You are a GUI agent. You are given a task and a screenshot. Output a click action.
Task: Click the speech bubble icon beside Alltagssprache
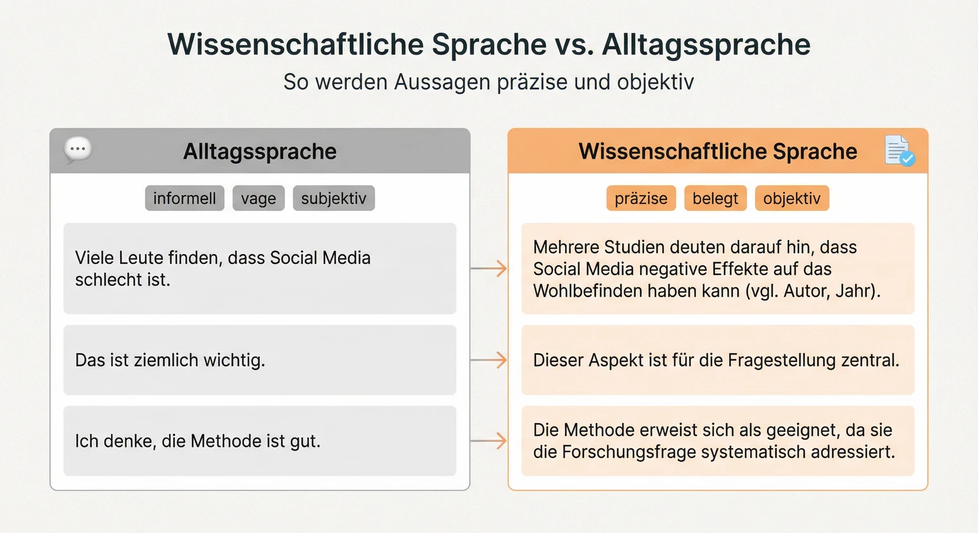(78, 149)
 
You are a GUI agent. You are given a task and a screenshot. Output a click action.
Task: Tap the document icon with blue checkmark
(899, 150)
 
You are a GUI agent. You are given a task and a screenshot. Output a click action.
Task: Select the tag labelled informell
(185, 198)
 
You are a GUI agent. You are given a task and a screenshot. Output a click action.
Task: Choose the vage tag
(258, 198)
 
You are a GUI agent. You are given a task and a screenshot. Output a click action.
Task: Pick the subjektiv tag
(333, 198)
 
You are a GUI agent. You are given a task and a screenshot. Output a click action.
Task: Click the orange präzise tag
(641, 198)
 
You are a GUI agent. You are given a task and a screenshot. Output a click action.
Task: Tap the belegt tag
(715, 198)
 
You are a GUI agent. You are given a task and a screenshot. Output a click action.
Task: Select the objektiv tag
(791, 198)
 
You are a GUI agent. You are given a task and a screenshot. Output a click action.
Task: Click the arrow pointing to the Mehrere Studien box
(489, 268)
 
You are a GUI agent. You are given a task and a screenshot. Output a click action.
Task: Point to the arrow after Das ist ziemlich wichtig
(489, 360)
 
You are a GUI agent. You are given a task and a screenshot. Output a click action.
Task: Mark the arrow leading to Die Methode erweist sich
(489, 441)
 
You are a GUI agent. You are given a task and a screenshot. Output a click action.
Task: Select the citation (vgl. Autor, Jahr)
(813, 291)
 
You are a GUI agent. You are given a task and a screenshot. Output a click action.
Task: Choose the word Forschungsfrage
(614, 452)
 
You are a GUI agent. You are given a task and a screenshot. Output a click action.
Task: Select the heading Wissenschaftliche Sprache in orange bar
(717, 151)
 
